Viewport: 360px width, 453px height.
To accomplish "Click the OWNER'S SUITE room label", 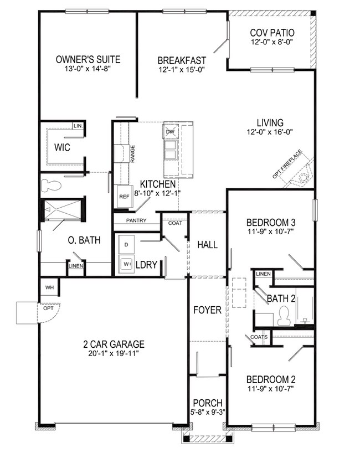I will click(x=88, y=60).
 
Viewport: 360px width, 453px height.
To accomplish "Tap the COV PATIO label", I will click(x=271, y=33).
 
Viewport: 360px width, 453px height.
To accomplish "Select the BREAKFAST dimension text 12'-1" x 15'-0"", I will click(x=182, y=70).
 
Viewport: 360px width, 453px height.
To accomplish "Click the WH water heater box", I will click(x=49, y=287).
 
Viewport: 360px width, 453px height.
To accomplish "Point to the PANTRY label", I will click(x=136, y=220).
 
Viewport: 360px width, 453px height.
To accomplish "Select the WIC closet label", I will click(x=61, y=147).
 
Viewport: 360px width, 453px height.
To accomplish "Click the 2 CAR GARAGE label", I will click(x=111, y=343).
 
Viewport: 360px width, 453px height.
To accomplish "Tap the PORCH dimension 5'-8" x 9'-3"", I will click(x=207, y=412).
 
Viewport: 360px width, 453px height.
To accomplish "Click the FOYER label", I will click(x=207, y=310).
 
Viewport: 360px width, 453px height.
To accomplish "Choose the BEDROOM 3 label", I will click(x=271, y=223).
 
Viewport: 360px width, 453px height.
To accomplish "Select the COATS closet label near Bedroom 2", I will click(x=259, y=337).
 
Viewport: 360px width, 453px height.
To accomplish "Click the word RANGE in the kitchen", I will click(x=133, y=153).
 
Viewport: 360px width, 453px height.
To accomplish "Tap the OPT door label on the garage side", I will click(x=49, y=308).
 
